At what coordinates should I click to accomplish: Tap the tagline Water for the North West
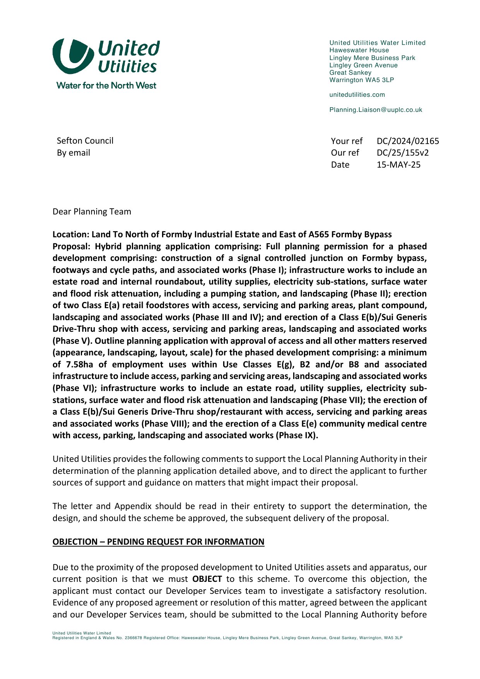[x=106, y=86]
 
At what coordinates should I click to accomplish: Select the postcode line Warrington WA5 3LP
[x=361, y=80]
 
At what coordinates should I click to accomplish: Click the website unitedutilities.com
[x=357, y=95]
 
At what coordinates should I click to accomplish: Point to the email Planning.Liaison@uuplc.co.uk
[x=376, y=110]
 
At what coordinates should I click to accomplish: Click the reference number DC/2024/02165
[x=408, y=141]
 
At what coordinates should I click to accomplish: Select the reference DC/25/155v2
[x=402, y=153]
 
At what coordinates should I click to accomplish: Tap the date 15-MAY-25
[x=398, y=165]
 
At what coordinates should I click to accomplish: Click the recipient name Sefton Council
[x=85, y=141]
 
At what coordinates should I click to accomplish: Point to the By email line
[x=73, y=153]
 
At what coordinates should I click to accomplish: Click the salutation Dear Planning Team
[x=92, y=212]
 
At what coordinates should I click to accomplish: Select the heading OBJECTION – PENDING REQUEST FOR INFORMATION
[x=158, y=542]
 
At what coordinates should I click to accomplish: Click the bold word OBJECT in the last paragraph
[x=207, y=579]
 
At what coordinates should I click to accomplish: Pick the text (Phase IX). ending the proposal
[x=297, y=436]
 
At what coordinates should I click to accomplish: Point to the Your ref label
[x=347, y=141]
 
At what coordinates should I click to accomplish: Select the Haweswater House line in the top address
[x=359, y=50]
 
